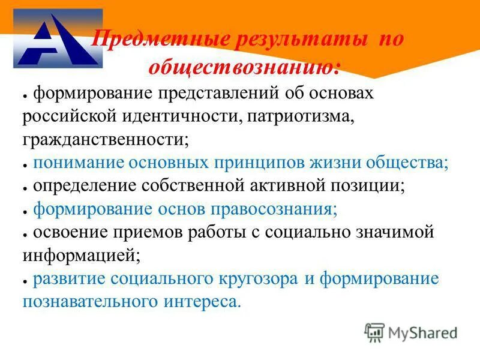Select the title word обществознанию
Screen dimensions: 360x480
point(244,67)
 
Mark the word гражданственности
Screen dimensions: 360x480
point(106,139)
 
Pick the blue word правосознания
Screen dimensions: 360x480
point(274,209)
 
